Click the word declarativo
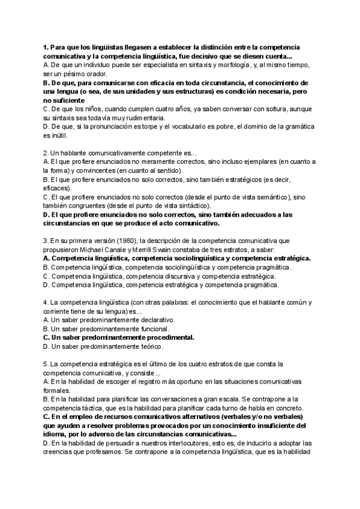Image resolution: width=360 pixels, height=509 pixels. [152, 320]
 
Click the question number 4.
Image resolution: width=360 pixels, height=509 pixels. [46, 303]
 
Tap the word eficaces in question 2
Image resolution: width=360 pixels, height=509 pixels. [58, 188]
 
